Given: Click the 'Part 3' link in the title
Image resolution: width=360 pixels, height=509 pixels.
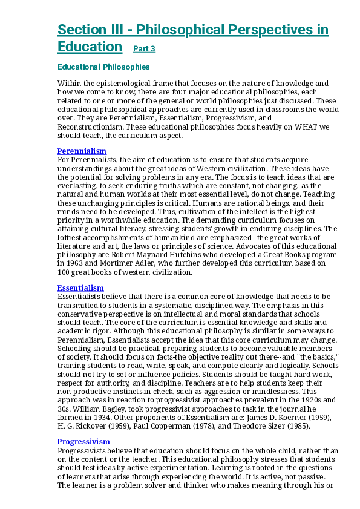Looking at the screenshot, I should (x=144, y=49).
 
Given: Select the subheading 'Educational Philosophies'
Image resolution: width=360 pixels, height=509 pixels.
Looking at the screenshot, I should (x=103, y=67).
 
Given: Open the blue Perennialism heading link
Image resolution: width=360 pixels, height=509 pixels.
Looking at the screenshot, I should (x=82, y=151).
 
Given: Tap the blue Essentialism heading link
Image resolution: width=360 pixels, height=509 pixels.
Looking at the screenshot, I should (x=80, y=287).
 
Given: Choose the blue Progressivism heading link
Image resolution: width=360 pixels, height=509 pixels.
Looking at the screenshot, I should (x=83, y=442).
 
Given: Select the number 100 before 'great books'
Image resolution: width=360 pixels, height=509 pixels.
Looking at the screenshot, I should (x=64, y=272).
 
